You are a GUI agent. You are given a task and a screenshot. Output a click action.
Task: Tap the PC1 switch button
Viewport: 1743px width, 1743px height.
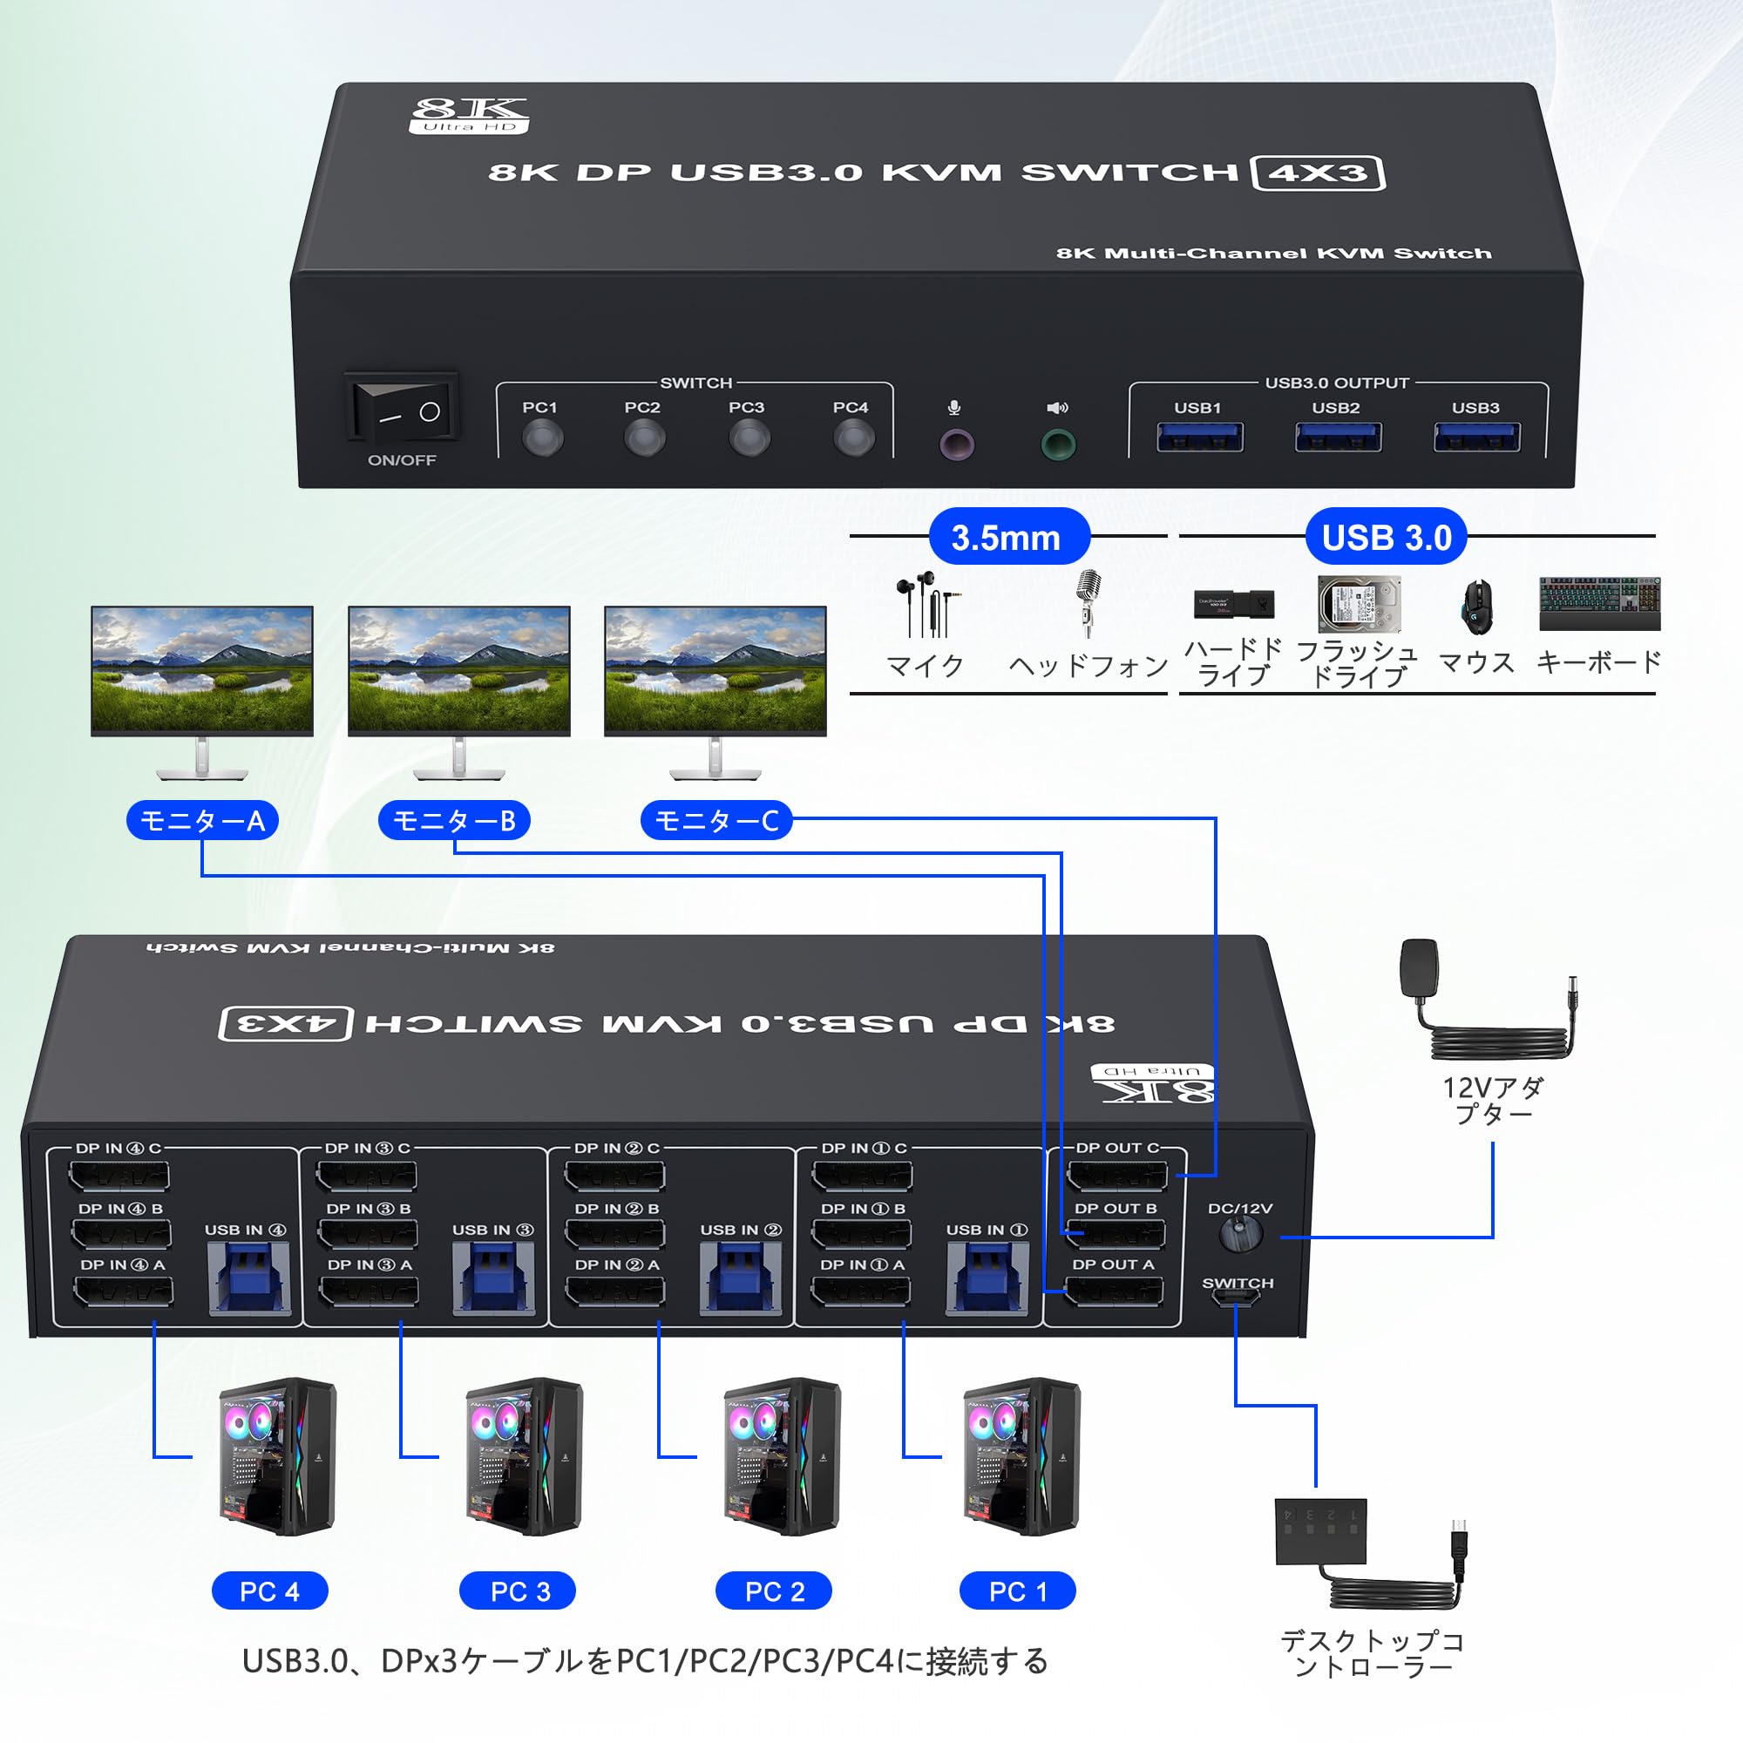[x=542, y=439]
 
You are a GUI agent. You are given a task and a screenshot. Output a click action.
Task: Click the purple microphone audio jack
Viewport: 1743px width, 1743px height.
[x=956, y=444]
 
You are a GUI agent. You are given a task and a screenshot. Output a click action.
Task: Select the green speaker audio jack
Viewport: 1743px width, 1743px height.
[x=1057, y=444]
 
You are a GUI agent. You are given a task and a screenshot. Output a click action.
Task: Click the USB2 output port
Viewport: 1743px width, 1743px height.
[x=1337, y=437]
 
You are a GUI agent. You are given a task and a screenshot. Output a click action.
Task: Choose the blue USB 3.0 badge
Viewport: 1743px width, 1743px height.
[x=1386, y=537]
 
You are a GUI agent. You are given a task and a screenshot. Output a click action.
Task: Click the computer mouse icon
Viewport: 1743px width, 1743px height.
[x=1476, y=607]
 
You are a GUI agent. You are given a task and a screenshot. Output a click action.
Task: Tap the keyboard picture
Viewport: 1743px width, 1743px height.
[x=1599, y=604]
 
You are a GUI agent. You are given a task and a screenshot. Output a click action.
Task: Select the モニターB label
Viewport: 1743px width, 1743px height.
[x=454, y=821]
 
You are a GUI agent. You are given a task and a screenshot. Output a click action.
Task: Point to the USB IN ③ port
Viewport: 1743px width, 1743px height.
[x=492, y=1279]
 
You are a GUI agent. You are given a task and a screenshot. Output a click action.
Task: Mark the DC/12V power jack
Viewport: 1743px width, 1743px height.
[x=1240, y=1233]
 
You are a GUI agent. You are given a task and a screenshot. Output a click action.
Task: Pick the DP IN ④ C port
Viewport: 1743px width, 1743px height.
[x=119, y=1177]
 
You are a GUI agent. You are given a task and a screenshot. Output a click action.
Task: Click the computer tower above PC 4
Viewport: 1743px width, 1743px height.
[x=276, y=1456]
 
